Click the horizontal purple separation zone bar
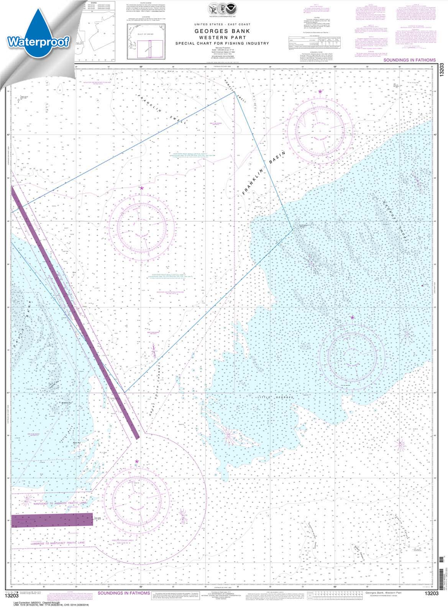(x=52, y=520)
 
